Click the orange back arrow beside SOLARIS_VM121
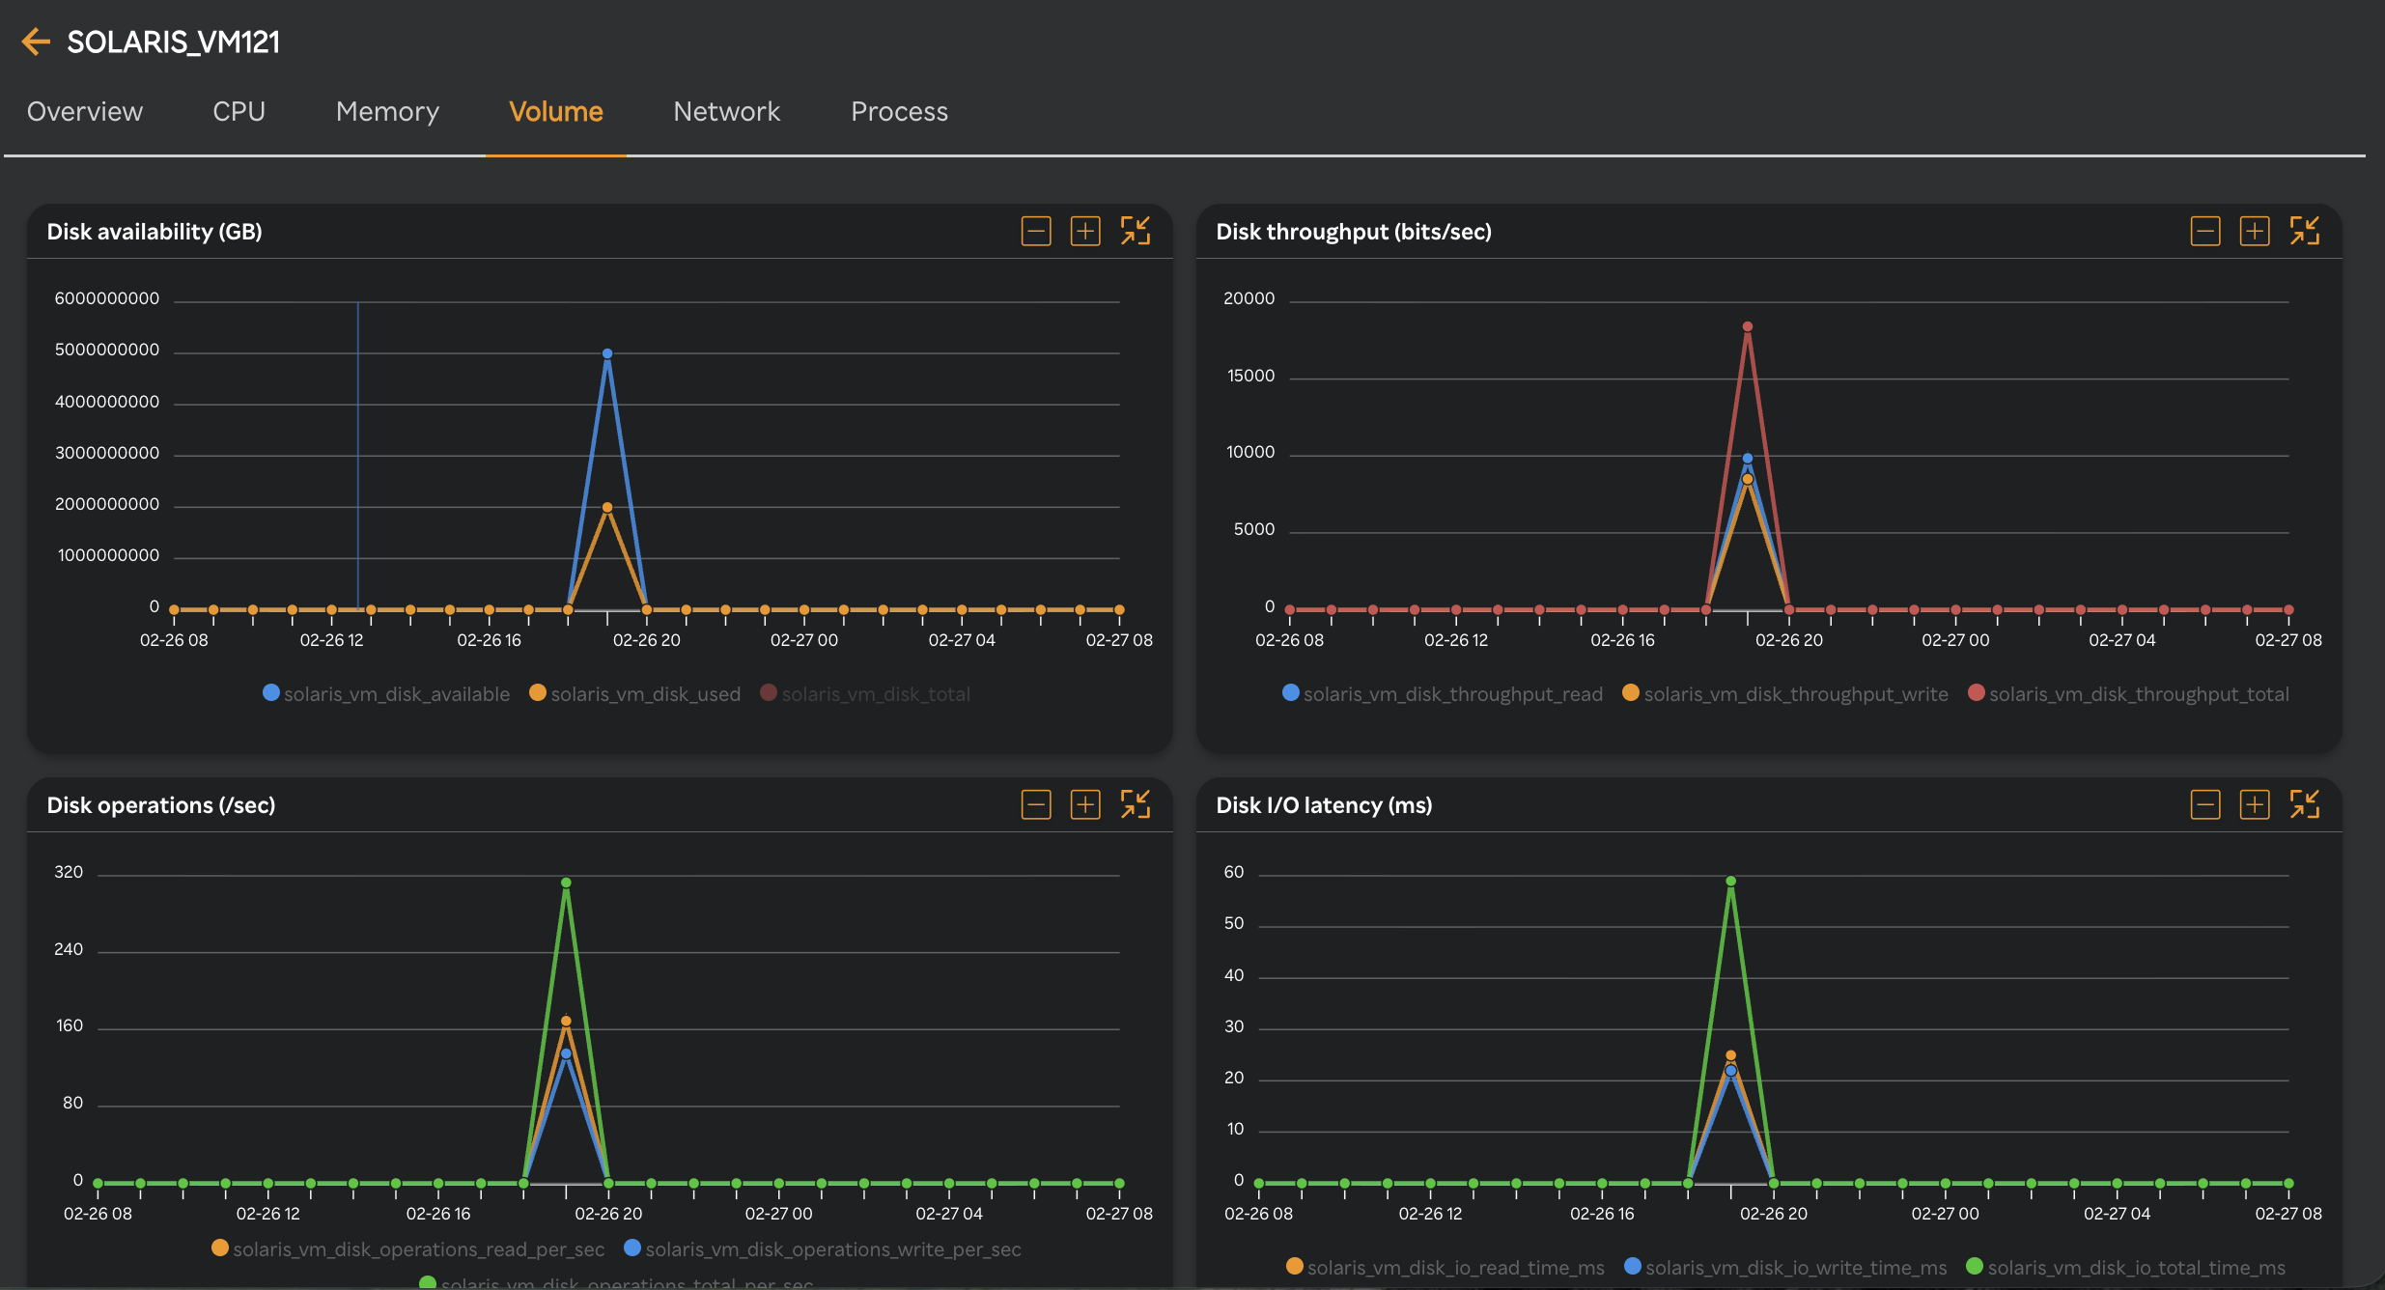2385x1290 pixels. (x=36, y=42)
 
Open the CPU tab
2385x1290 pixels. (x=238, y=111)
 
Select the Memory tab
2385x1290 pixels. (x=387, y=111)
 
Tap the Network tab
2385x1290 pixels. (x=726, y=111)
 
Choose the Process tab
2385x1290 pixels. (x=899, y=111)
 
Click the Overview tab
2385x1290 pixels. (x=85, y=111)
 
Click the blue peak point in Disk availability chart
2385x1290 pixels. (x=607, y=353)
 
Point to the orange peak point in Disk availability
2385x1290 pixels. (x=607, y=507)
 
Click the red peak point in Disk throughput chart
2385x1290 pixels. (x=1748, y=326)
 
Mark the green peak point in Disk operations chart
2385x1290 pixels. (x=566, y=883)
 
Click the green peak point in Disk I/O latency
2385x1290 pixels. (x=1731, y=881)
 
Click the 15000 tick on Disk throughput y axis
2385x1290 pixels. (x=1250, y=376)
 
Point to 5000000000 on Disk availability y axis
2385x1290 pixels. (x=107, y=350)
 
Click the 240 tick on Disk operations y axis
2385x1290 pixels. (x=69, y=949)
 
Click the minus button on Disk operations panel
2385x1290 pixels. (x=1036, y=804)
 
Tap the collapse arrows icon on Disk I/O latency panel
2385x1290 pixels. (x=2304, y=804)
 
